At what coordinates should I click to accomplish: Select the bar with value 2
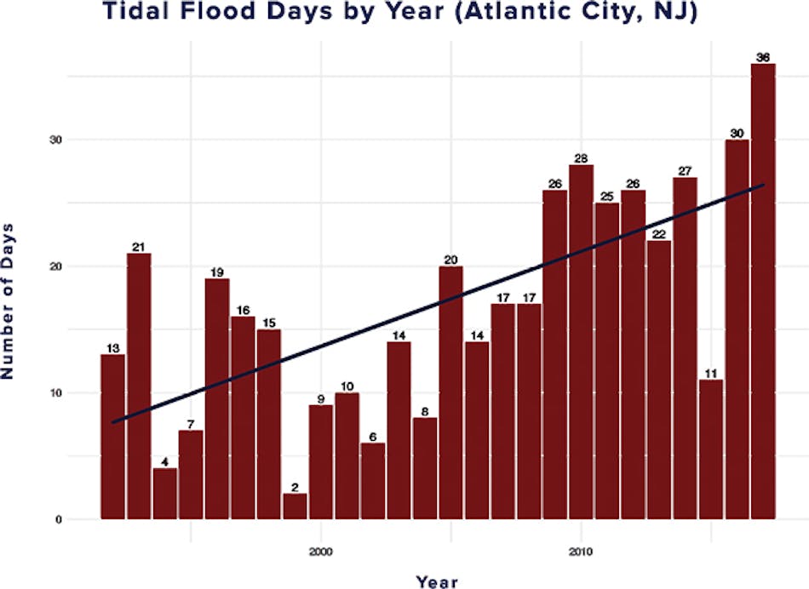pyautogui.click(x=295, y=506)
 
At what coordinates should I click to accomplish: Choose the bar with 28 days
pyautogui.click(x=581, y=341)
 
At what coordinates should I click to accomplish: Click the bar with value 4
pyautogui.click(x=165, y=493)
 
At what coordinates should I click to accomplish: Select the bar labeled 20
pyautogui.click(x=450, y=392)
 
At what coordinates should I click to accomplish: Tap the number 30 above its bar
pyautogui.click(x=737, y=134)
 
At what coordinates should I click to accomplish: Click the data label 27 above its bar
pyautogui.click(x=685, y=171)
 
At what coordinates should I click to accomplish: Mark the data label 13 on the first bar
pyautogui.click(x=112, y=348)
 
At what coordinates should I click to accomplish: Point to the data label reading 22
pyautogui.click(x=658, y=234)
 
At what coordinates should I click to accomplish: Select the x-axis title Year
pyautogui.click(x=437, y=580)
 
